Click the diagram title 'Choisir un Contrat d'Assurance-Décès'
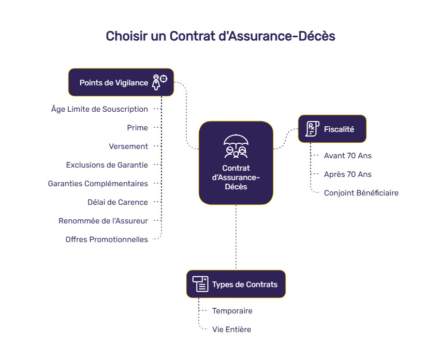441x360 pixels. pyautogui.click(x=220, y=36)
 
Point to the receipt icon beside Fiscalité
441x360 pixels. pyautogui.click(x=312, y=129)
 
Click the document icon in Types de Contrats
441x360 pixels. pyautogui.click(x=200, y=284)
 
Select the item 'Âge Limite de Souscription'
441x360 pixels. pyautogui.click(x=99, y=109)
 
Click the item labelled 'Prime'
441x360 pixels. pyautogui.click(x=137, y=128)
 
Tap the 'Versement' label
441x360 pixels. pyautogui.click(x=128, y=146)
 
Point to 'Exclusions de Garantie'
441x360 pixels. pyautogui.click(x=107, y=165)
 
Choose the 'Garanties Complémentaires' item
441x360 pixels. pyautogui.click(x=98, y=184)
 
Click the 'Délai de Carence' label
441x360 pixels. pyautogui.click(x=117, y=202)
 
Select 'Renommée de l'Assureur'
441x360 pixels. pyautogui.click(x=103, y=221)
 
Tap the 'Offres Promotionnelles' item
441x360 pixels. pyautogui.click(x=107, y=239)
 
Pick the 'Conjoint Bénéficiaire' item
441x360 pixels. pyautogui.click(x=361, y=193)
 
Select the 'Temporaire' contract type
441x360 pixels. pyautogui.click(x=232, y=311)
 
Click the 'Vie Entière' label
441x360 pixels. pyautogui.click(x=231, y=329)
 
